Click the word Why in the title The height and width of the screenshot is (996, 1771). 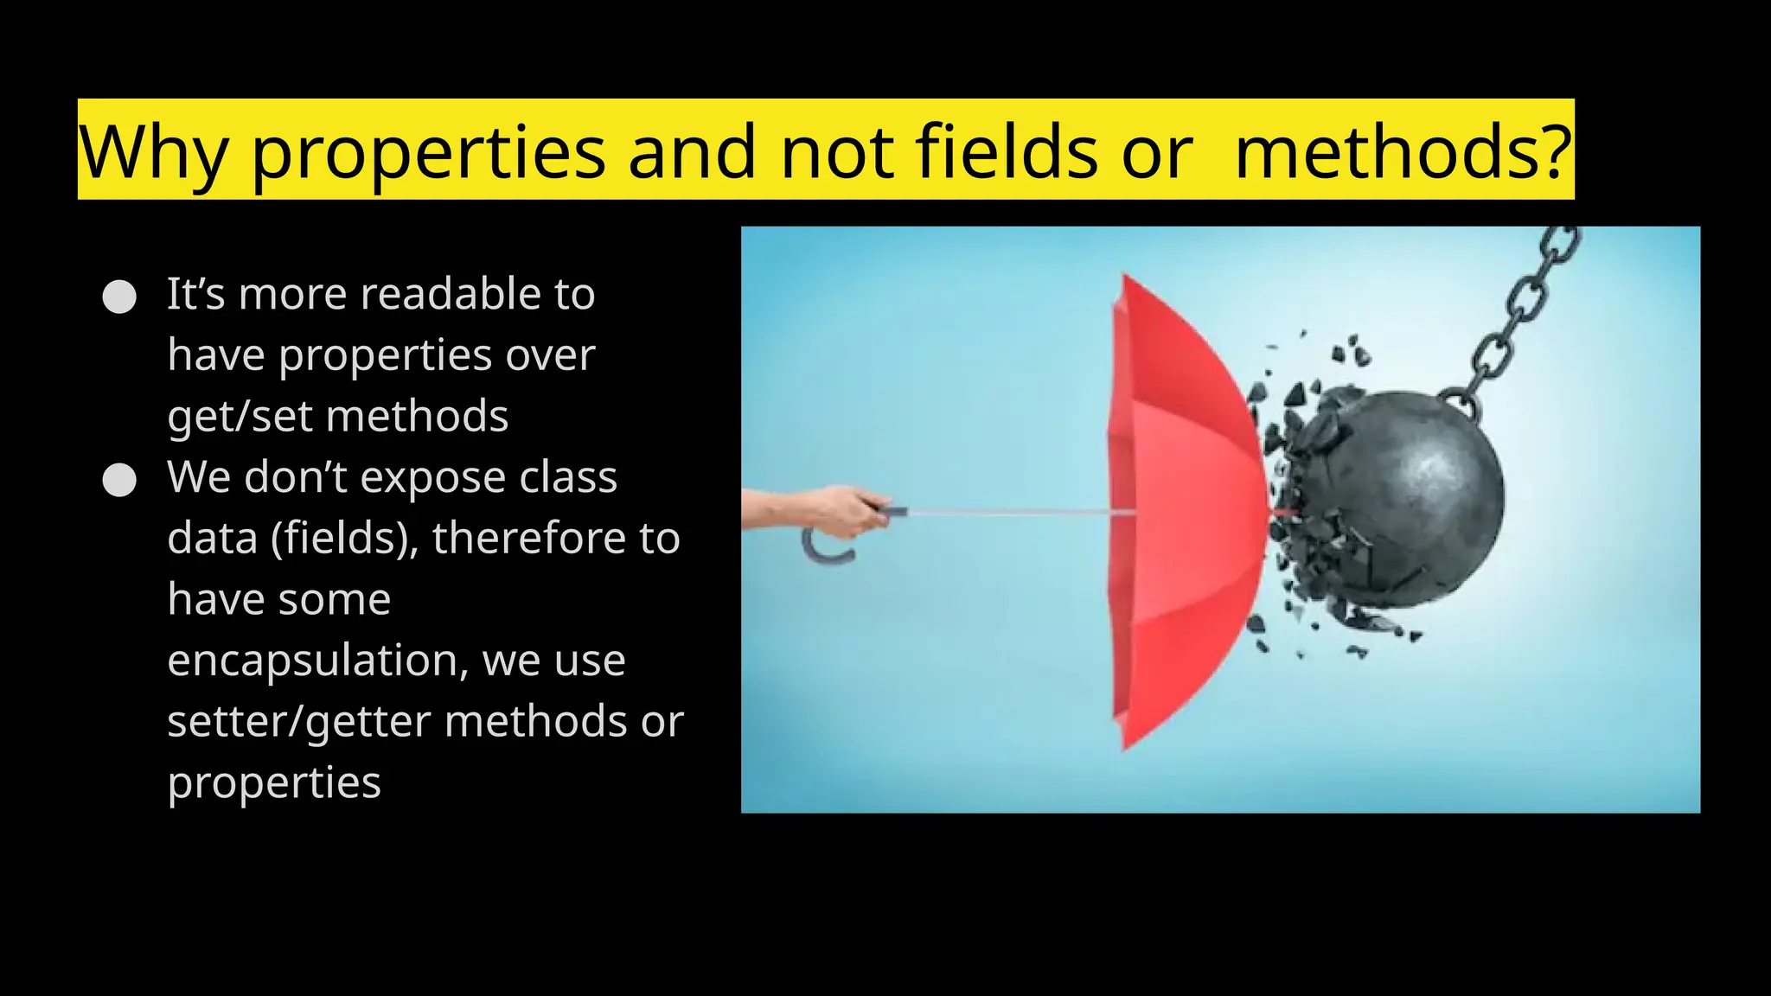153,152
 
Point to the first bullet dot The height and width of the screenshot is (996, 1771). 119,297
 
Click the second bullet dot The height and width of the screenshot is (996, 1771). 119,480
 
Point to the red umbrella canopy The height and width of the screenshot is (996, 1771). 1185,510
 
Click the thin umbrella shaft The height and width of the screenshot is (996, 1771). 1012,514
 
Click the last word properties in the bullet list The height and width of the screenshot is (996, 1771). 274,783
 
